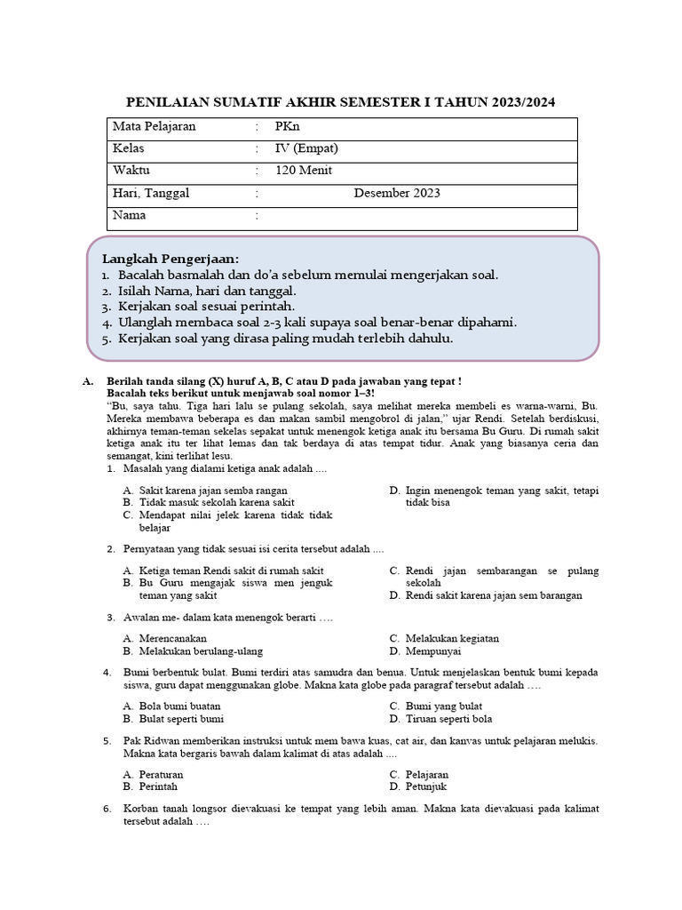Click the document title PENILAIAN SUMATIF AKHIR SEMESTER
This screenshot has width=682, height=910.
click(x=341, y=102)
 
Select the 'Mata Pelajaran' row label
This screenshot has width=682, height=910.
click(x=154, y=127)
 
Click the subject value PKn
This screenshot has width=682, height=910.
click(x=288, y=127)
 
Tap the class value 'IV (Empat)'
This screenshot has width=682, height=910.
click(x=306, y=148)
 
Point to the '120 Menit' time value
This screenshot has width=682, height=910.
click(x=304, y=171)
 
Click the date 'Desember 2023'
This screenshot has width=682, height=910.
click(x=396, y=193)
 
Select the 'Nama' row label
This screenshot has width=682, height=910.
click(x=130, y=215)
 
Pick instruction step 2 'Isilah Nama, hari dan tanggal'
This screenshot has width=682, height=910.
click(x=207, y=291)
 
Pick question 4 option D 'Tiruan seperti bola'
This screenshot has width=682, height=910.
click(x=448, y=718)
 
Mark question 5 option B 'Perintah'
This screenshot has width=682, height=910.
click(x=158, y=786)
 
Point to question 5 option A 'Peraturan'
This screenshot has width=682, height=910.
click(x=161, y=774)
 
